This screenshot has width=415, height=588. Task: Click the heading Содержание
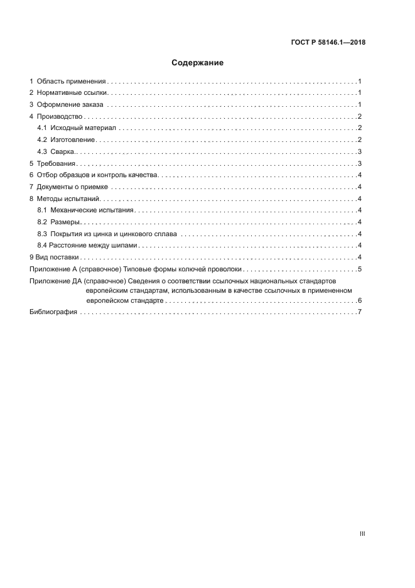pyautogui.click(x=198, y=63)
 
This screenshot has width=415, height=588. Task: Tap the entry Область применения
pyautogui.click(x=70, y=82)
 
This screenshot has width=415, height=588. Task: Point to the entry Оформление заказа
pyautogui.click(x=70, y=105)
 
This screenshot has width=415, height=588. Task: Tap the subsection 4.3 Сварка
pyautogui.click(x=63, y=151)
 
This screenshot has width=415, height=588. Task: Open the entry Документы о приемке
pyautogui.click(x=73, y=187)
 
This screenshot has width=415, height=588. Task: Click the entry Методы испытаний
pyautogui.click(x=68, y=199)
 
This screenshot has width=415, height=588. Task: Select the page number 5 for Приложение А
pyautogui.click(x=359, y=269)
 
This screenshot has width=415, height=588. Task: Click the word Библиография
pyautogui.click(x=53, y=312)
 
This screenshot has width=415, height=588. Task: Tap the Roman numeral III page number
pyautogui.click(x=362, y=534)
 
